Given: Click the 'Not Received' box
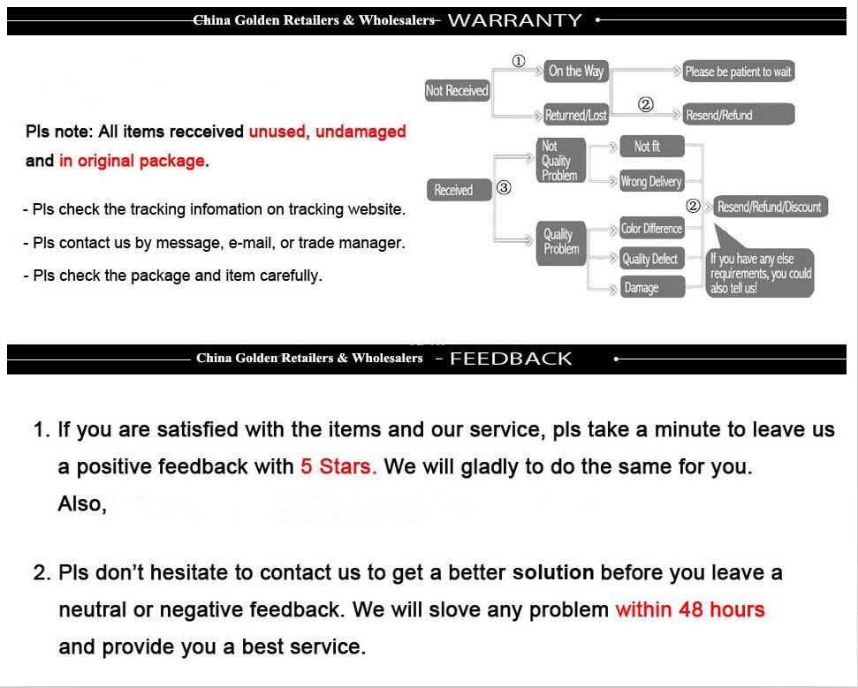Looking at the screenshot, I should point(457,91).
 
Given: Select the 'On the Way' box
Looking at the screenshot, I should point(575,72).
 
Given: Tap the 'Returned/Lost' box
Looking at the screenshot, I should point(575,116).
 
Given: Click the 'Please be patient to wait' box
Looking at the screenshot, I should point(738,72).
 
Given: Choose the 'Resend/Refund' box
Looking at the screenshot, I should point(738,116).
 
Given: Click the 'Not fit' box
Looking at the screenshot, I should point(647,147).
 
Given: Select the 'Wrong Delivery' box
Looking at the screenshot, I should point(651,182).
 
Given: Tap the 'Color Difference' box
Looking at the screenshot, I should point(651,229).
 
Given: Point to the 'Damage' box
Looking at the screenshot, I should point(651,288).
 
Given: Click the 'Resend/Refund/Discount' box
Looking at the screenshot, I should point(768,208).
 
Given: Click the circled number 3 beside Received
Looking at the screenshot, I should point(504,187).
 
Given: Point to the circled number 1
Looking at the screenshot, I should point(519,61).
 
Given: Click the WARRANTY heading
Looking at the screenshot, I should point(515,20).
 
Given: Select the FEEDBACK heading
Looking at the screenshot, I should point(511,359).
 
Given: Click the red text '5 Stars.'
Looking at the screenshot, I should point(338,466).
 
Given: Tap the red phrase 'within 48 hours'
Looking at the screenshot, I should point(690,609).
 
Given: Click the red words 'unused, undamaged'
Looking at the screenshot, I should point(327,132).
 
